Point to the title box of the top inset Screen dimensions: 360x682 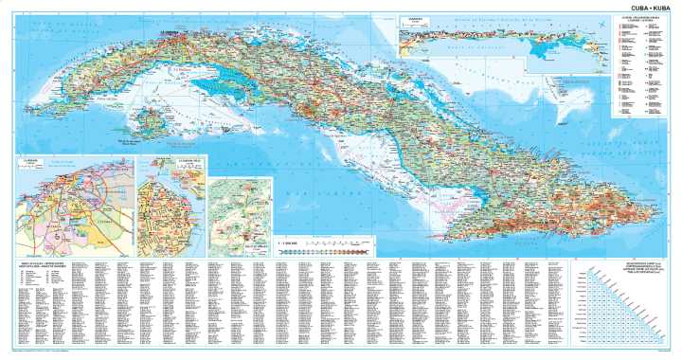click(415, 18)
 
